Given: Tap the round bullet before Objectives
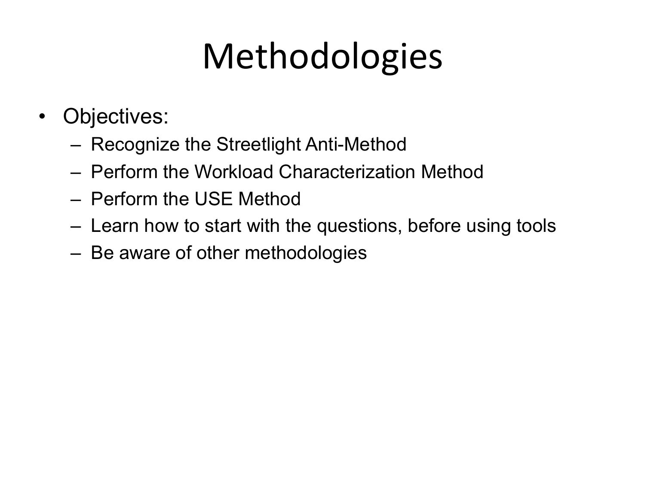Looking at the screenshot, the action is pos(42,117).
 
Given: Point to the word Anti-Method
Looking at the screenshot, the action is pos(356,144).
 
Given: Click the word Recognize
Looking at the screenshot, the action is pos(135,144).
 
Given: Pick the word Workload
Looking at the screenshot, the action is pos(234,172).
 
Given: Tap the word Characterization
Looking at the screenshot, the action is pos(347,172).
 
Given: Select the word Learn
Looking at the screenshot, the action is pos(115,226).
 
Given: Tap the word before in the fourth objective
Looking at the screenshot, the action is pos(434,226).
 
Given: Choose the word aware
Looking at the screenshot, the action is pos(144,253).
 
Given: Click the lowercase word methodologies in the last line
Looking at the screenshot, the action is pos(306,253).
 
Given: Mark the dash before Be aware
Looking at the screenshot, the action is pos(76,253).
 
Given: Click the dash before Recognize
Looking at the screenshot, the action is pos(76,145).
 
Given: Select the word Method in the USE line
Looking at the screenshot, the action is pos(270,199).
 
